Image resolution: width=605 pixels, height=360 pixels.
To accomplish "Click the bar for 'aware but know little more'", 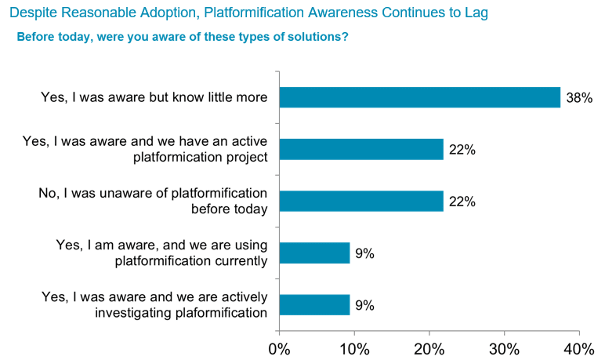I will click(x=419, y=97).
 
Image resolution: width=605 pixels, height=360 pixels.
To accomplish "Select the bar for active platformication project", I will click(x=360, y=149).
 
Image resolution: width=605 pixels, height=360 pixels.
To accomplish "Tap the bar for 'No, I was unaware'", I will click(x=360, y=201).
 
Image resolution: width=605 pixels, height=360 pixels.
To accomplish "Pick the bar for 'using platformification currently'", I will click(x=314, y=253).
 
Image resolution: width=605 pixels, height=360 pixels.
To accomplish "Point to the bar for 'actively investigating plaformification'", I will click(x=314, y=304).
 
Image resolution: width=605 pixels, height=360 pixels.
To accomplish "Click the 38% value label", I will click(x=579, y=98).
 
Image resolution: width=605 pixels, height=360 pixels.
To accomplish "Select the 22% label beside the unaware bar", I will click(x=462, y=202).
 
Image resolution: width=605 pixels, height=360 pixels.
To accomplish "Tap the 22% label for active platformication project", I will click(x=462, y=150).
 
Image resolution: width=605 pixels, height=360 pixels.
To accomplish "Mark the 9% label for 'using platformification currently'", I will click(x=364, y=253).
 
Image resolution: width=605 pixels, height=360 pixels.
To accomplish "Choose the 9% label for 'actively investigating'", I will click(x=364, y=305).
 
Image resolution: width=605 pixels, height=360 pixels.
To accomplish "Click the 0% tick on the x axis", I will click(x=279, y=347).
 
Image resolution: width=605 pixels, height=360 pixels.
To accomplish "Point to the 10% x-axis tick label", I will click(x=354, y=347).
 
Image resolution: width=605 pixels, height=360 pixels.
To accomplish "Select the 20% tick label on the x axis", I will click(x=429, y=347).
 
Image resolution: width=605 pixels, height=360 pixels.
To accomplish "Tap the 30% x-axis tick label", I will click(x=504, y=347).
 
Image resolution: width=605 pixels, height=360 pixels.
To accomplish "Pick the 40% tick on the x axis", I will click(x=578, y=347).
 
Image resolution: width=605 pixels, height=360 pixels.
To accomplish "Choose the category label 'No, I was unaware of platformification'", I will click(x=154, y=193).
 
